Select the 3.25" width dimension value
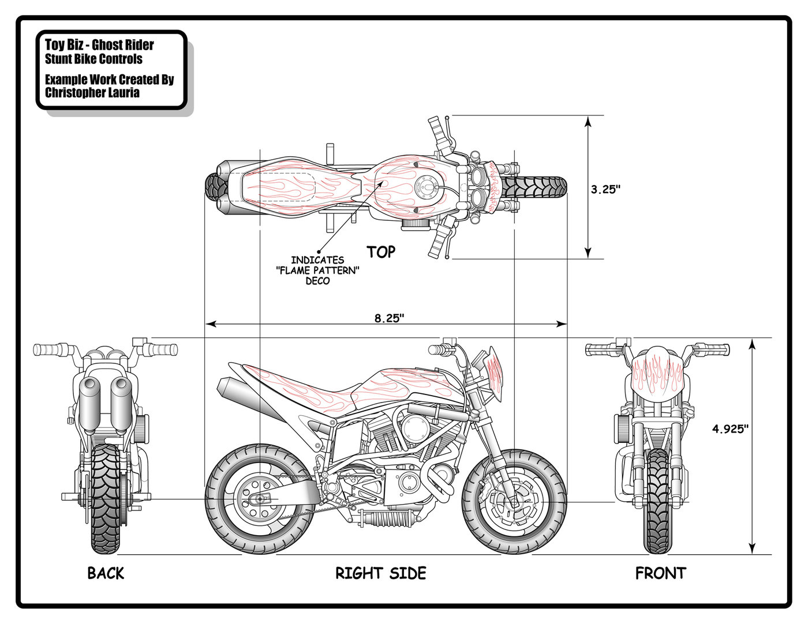(605, 189)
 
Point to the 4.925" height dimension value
(730, 428)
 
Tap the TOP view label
(381, 252)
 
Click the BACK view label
(106, 573)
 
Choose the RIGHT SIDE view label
(381, 573)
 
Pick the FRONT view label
(661, 573)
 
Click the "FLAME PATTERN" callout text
(318, 270)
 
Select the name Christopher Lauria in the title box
(92, 93)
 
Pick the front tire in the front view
(658, 502)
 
